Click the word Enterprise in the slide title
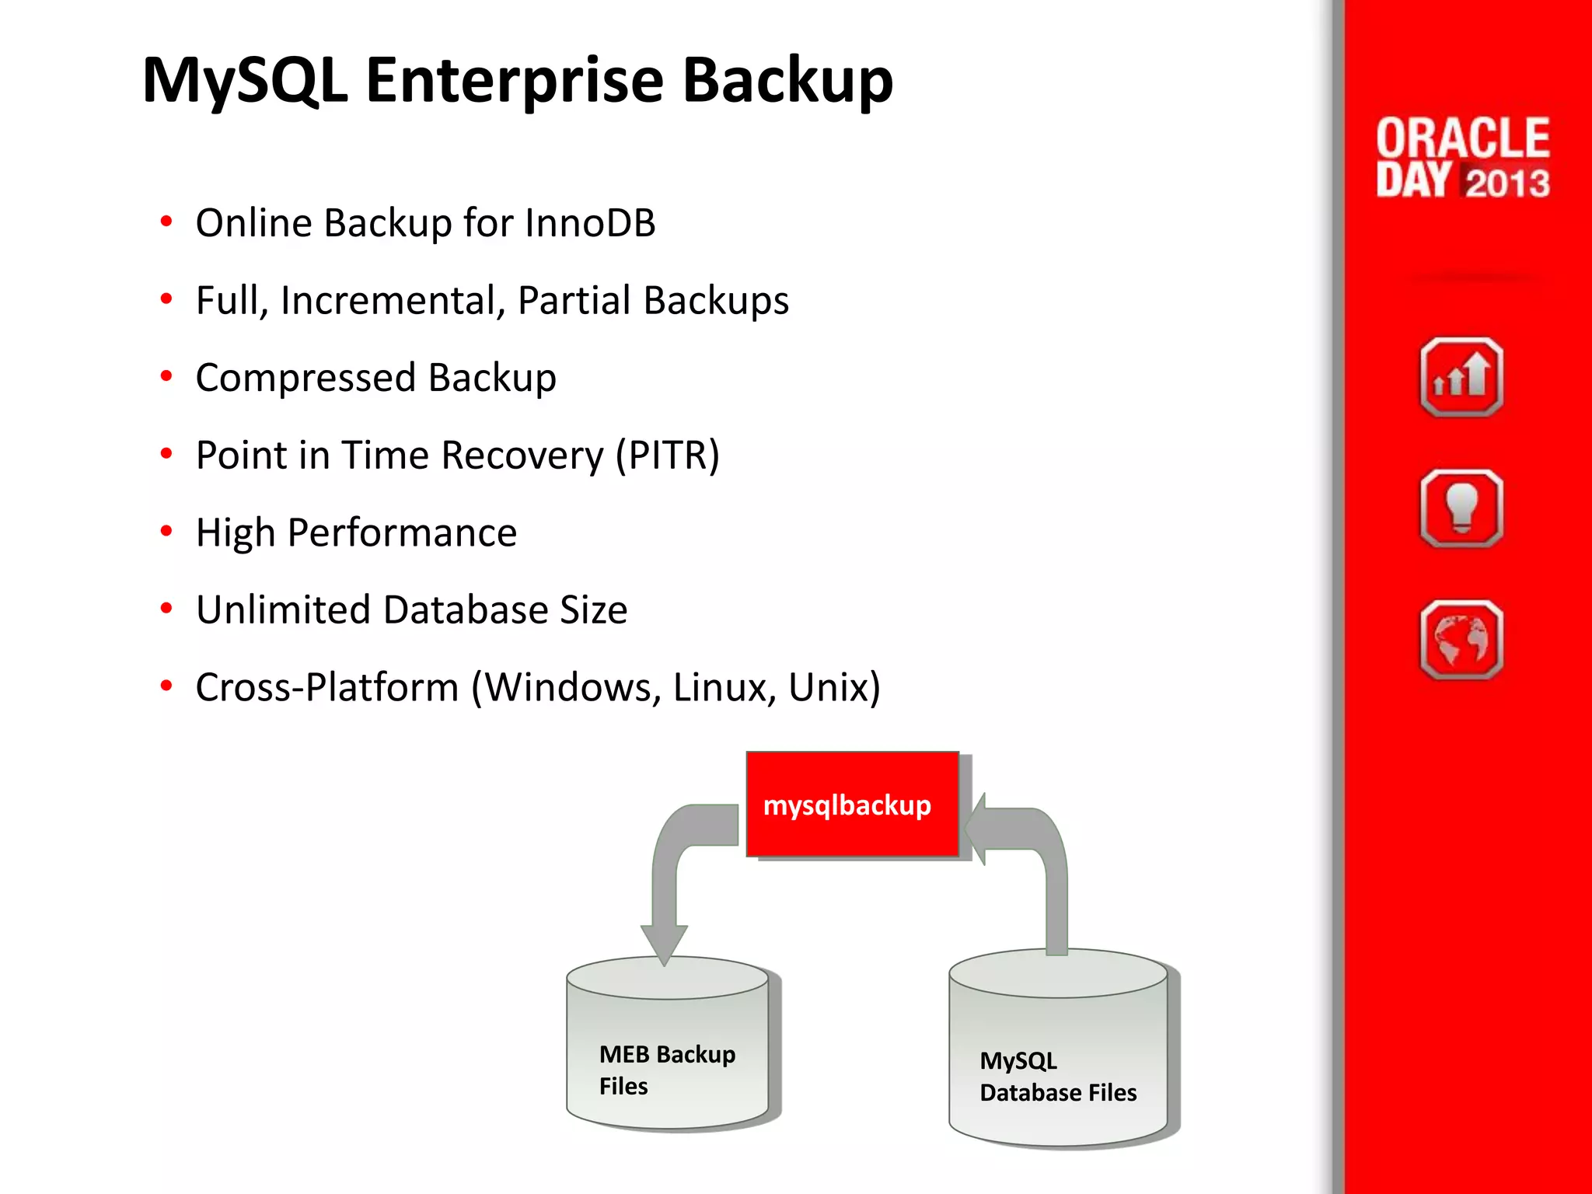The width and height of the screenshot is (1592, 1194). click(x=514, y=81)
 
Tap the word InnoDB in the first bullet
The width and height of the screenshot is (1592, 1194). click(x=590, y=223)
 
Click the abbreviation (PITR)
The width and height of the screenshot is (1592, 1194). click(x=668, y=456)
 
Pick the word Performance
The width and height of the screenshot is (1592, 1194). click(x=402, y=533)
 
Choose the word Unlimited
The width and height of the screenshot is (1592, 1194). click(x=283, y=610)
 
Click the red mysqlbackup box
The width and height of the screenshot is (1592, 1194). click(x=852, y=805)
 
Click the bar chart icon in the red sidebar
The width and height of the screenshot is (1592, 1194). click(x=1461, y=378)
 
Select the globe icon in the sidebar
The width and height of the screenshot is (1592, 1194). click(x=1461, y=640)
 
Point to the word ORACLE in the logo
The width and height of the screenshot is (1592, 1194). click(x=1462, y=138)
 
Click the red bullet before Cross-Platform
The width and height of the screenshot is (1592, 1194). click(x=166, y=686)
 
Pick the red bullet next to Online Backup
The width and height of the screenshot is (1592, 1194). click(x=166, y=222)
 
